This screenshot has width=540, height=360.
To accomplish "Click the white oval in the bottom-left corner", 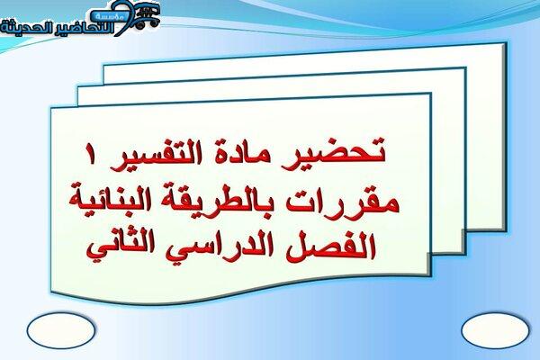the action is [61, 330].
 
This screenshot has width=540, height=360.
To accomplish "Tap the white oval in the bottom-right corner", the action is [495, 330].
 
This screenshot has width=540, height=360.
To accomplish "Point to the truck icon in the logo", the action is [148, 16].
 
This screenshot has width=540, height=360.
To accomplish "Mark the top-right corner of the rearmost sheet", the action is [505, 43].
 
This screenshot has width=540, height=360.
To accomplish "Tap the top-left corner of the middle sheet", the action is [78, 87].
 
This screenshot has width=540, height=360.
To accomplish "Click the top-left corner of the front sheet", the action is [51, 108].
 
